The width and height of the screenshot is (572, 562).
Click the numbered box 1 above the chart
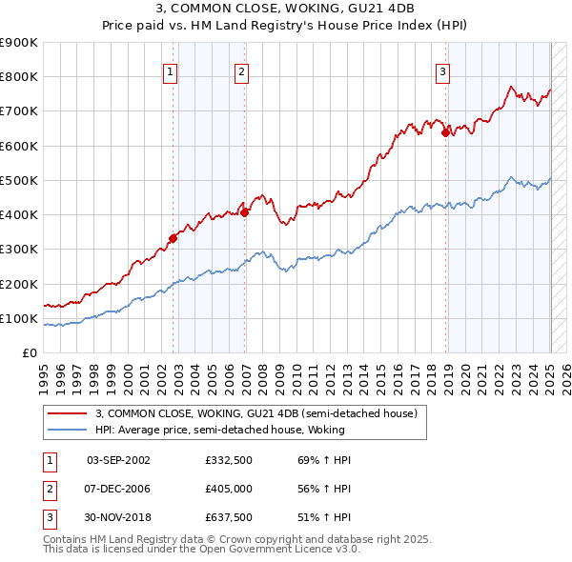coord(170,70)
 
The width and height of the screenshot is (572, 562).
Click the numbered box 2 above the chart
coord(242,70)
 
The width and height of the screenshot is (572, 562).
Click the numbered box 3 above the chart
coord(443,70)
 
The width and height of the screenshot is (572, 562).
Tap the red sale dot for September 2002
coord(174,238)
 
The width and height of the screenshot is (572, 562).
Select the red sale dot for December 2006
coord(245,212)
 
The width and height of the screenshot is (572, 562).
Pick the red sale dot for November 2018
coord(445,133)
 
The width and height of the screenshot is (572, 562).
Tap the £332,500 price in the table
coord(229,460)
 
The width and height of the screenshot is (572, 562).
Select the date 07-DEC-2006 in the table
coord(118,489)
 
